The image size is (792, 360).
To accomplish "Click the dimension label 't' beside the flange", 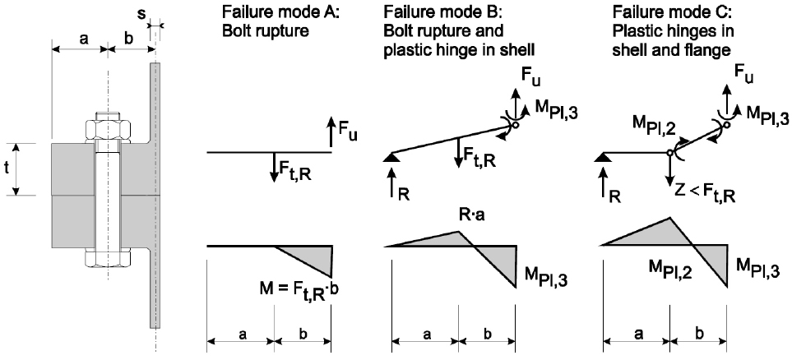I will click(x=8, y=169).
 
